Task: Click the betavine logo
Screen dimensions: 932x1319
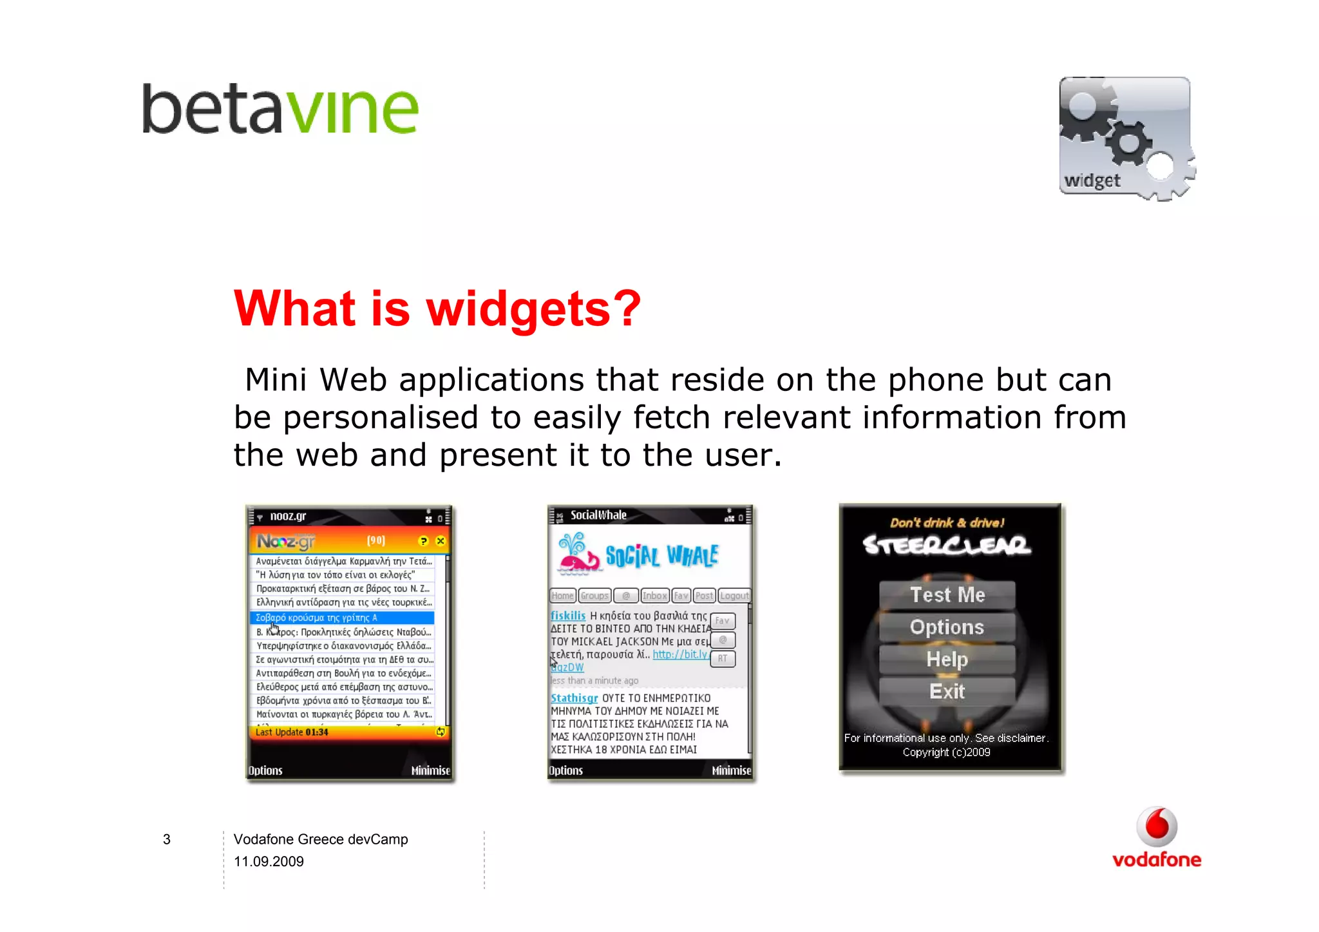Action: (x=280, y=109)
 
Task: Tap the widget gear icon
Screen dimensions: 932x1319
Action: (x=1126, y=138)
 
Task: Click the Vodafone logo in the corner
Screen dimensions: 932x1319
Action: (x=1157, y=838)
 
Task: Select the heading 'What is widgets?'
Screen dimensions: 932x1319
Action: (x=437, y=309)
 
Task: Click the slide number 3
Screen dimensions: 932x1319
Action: (x=167, y=839)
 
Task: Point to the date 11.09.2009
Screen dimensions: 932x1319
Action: (x=269, y=862)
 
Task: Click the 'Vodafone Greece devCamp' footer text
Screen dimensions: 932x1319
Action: (x=321, y=839)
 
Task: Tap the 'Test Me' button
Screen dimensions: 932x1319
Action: (x=947, y=594)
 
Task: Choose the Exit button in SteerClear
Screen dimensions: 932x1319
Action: (x=947, y=691)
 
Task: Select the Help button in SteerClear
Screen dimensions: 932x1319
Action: (x=947, y=659)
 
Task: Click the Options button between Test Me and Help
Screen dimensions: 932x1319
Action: (x=947, y=627)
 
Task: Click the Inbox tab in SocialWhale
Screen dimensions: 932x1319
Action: (x=654, y=596)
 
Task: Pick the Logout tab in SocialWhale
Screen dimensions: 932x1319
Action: (x=734, y=596)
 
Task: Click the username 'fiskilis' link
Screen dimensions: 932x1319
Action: (x=568, y=616)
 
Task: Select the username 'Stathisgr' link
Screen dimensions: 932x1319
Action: (x=574, y=698)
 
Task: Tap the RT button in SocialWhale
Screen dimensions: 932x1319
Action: (x=723, y=659)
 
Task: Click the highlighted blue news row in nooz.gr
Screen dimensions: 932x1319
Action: (x=342, y=618)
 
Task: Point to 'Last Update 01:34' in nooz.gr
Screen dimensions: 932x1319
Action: (x=292, y=732)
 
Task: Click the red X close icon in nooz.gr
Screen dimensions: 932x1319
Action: (x=441, y=541)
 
